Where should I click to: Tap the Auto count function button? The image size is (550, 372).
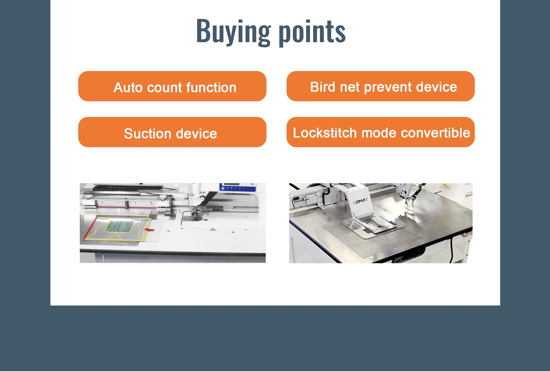point(172,86)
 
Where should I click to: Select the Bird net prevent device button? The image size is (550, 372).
point(380,86)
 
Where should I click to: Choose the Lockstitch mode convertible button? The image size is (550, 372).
point(380,132)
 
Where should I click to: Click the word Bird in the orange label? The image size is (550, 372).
point(323,87)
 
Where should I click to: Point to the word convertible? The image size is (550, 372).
point(435,133)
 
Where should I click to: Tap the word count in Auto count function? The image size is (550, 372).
point(164,88)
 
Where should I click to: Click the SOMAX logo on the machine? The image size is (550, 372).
point(360,201)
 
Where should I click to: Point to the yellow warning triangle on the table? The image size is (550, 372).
point(213,229)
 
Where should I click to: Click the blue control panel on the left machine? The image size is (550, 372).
point(237,188)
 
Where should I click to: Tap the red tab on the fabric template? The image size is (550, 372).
point(149,229)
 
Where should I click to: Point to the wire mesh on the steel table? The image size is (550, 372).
point(370,240)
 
